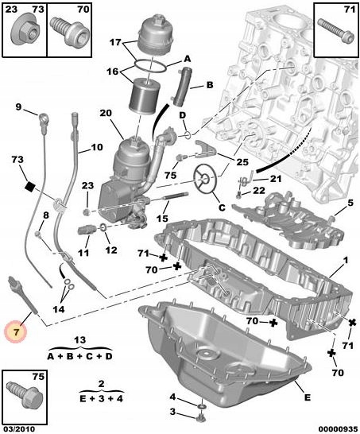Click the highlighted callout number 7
pos(16,332)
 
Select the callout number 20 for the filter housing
pos(106,113)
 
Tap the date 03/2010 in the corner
pos(17,429)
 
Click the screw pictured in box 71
pos(336,30)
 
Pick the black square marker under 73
pos(29,187)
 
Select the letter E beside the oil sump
pos(307,397)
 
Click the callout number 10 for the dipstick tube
pos(97,147)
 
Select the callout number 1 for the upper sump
pos(346,260)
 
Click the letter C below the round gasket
pos(222,207)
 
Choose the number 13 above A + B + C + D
pos(80,340)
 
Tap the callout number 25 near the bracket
pos(242,161)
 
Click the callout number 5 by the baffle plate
pos(350,203)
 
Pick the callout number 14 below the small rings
pos(59,309)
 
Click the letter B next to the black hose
pos(210,85)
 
